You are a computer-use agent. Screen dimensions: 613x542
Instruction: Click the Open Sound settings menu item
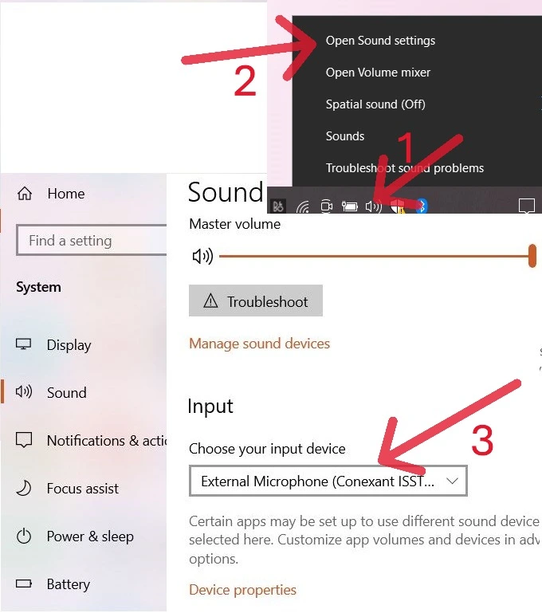pyautogui.click(x=380, y=41)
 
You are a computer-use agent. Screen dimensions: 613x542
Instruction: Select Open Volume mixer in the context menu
pyautogui.click(x=378, y=73)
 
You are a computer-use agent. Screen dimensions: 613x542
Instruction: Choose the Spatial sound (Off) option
pyautogui.click(x=375, y=104)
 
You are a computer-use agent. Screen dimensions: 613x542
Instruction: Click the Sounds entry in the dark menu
pyautogui.click(x=345, y=136)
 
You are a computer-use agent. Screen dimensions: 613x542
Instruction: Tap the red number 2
pyautogui.click(x=245, y=82)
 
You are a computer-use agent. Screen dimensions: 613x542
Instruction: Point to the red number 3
pyautogui.click(x=481, y=441)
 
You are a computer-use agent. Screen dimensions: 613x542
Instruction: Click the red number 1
pyautogui.click(x=406, y=148)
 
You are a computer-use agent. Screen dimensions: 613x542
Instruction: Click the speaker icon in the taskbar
pyautogui.click(x=373, y=206)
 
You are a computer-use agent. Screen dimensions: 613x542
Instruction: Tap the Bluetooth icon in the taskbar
pyautogui.click(x=422, y=206)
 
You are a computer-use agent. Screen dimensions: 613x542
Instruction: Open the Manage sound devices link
pyautogui.click(x=259, y=344)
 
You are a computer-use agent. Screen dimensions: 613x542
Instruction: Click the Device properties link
pyautogui.click(x=242, y=590)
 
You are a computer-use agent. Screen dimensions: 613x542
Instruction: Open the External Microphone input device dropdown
pyautogui.click(x=328, y=481)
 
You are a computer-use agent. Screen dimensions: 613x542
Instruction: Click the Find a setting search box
pyautogui.click(x=92, y=241)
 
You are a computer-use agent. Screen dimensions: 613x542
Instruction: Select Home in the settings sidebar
pyautogui.click(x=65, y=194)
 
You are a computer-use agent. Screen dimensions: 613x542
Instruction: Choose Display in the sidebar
pyautogui.click(x=69, y=345)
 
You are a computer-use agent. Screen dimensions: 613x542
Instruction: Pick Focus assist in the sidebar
pyautogui.click(x=82, y=489)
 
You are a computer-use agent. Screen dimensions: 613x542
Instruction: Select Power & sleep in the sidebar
pyautogui.click(x=89, y=536)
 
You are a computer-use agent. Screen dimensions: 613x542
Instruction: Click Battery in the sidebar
pyautogui.click(x=68, y=584)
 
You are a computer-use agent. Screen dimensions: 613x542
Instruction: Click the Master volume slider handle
pyautogui.click(x=532, y=256)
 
